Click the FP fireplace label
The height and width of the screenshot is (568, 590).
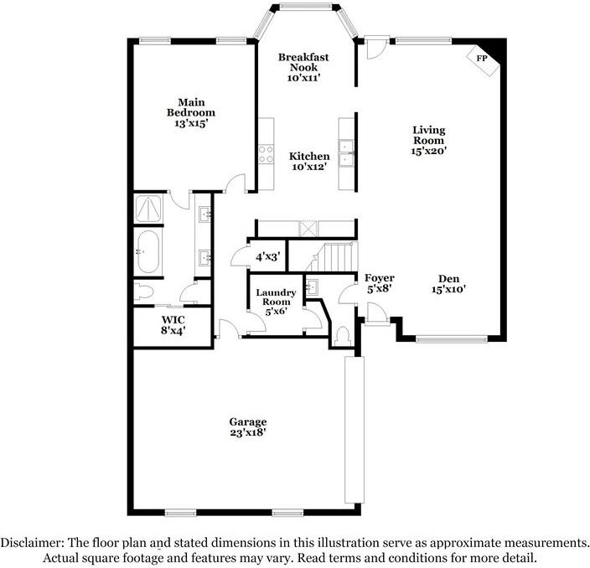pos(482,59)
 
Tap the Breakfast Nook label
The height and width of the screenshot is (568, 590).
pos(303,62)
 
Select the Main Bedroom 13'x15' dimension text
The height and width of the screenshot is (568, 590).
pos(191,123)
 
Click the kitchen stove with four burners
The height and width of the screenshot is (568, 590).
pos(266,154)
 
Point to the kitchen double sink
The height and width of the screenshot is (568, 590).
pos(346,153)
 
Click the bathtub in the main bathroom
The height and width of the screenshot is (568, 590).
pos(148,251)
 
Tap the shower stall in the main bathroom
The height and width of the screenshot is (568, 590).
pos(148,208)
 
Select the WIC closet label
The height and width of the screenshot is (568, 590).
pos(173,320)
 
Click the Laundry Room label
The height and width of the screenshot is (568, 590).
pos(276,297)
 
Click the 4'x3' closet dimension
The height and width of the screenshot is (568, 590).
pos(268,257)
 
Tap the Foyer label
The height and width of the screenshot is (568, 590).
pos(380,278)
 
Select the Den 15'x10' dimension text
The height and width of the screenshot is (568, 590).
pos(449,289)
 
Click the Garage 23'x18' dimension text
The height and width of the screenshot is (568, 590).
pos(248,432)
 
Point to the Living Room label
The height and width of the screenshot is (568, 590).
pos(428,135)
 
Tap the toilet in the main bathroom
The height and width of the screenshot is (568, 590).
pos(144,292)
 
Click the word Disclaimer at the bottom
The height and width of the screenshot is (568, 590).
pos(32,543)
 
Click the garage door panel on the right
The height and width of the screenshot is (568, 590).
pos(355,430)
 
